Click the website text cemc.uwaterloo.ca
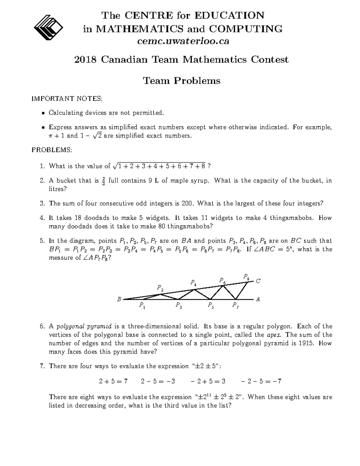[183, 41]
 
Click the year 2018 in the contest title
[85, 60]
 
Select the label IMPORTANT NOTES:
[67, 98]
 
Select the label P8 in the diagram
[246, 276]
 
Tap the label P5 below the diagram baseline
[211, 306]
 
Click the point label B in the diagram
[119, 299]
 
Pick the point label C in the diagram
[258, 281]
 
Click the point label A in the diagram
[258, 299]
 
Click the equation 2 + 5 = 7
[113, 381]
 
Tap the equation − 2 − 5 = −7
[261, 381]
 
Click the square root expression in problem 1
[159, 166]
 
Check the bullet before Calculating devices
[43, 113]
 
